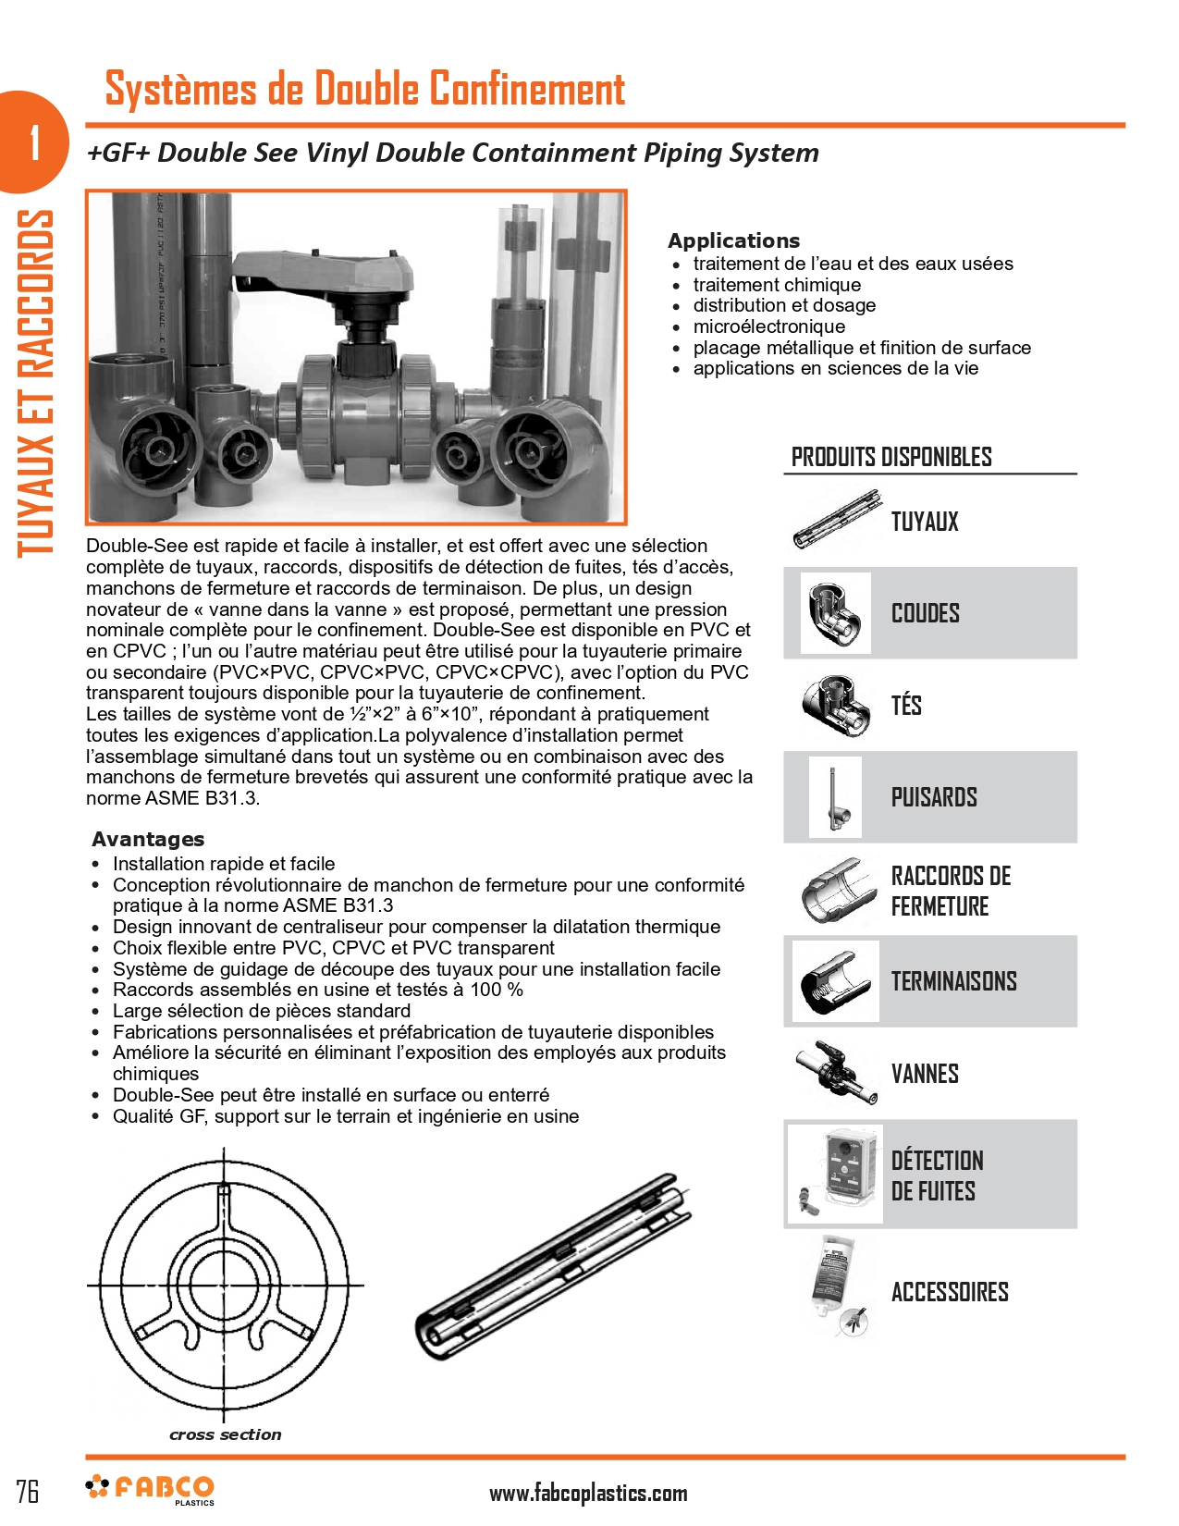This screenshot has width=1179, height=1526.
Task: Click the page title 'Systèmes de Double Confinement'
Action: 364,89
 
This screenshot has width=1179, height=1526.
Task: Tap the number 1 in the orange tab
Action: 35,142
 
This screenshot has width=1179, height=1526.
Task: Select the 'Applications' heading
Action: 733,240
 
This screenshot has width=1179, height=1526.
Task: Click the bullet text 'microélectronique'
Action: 768,326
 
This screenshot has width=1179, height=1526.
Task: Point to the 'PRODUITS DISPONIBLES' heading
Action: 890,457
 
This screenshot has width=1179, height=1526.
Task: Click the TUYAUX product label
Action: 924,522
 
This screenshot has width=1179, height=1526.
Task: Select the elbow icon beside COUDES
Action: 835,613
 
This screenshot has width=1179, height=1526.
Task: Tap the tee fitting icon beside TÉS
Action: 835,705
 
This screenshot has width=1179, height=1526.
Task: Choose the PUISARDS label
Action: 933,797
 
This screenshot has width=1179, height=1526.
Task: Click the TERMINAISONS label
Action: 953,981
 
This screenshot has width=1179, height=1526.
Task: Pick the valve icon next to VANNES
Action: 835,1073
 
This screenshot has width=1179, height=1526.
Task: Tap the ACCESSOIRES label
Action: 949,1292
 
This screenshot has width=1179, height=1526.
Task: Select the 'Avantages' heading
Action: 148,839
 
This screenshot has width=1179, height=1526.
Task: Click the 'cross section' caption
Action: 225,1434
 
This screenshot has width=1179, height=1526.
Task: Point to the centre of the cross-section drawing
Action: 224,1285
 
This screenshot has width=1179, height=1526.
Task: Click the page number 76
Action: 28,1491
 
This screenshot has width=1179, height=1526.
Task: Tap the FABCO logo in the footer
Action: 151,1488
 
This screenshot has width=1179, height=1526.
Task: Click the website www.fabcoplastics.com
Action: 587,1493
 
